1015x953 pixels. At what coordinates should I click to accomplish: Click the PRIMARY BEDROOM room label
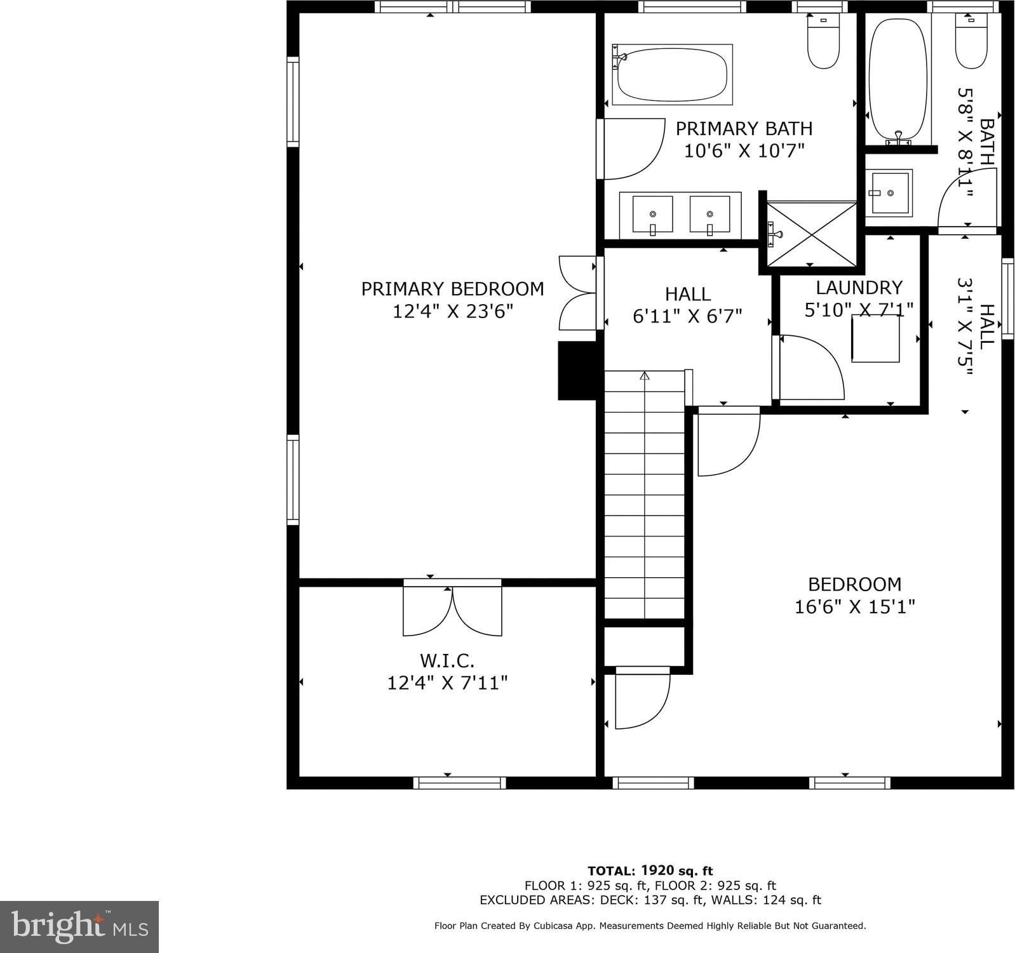pos(452,289)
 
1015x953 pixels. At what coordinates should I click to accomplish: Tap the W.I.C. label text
pos(447,661)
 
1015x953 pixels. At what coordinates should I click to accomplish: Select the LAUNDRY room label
pos(859,288)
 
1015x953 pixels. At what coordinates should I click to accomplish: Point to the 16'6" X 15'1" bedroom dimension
pos(854,607)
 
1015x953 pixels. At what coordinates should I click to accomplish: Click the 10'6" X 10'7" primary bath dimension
pos(744,151)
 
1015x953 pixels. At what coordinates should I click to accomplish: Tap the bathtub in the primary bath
pos(672,74)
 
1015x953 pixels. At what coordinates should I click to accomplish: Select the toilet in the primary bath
pos(823,40)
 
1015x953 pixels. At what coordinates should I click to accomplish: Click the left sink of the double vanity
pos(652,215)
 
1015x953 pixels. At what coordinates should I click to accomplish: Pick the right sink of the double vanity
pos(709,215)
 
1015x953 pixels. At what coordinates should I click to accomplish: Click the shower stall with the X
pos(812,234)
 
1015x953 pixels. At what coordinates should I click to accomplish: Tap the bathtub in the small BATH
pos(898,79)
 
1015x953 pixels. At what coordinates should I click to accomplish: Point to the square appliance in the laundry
pos(876,338)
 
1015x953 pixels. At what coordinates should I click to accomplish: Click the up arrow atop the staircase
pos(645,376)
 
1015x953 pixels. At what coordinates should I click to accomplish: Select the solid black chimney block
pos(577,371)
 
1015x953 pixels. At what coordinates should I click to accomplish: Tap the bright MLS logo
pos(79,927)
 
